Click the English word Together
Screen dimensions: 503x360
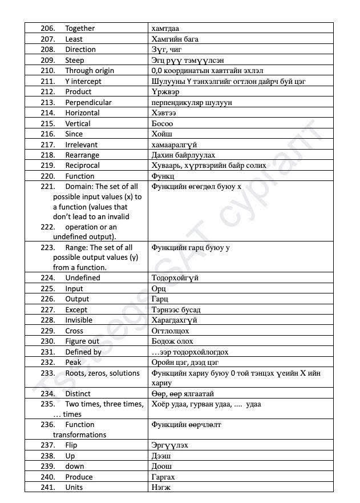coord(80,29)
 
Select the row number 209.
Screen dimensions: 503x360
coord(47,60)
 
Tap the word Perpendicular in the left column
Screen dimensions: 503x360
coord(88,102)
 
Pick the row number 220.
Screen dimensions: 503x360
coord(47,176)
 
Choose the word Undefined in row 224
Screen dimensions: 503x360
coord(82,278)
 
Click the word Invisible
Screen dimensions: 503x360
coord(79,320)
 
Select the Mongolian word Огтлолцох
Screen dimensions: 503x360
coord(170,331)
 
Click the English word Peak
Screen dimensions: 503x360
coord(73,363)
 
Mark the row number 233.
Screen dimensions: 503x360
coord(47,373)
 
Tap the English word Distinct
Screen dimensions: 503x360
coord(78,394)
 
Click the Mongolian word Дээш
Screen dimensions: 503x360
coord(161,456)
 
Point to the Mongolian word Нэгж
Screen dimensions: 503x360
coord(161,488)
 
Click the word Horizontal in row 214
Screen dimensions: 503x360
coord(82,113)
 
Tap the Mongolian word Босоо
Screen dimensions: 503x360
coord(163,123)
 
